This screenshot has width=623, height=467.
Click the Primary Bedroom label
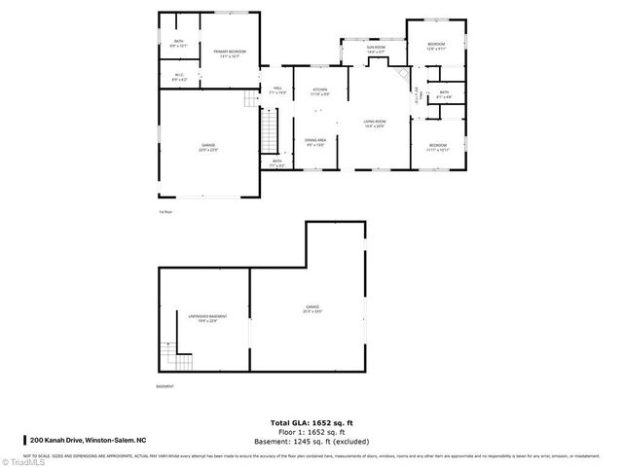coord(230,54)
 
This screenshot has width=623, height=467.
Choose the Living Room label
coord(375,124)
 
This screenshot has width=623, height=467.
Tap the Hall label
coord(277,90)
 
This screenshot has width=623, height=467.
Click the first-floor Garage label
coord(208,146)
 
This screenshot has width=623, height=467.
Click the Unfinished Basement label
coord(202,318)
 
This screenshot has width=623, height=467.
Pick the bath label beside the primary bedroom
coord(179,43)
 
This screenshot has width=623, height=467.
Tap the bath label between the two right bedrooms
coord(444,94)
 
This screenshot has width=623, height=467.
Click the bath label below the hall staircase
coord(277,162)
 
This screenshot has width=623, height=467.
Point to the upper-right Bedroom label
coord(436,46)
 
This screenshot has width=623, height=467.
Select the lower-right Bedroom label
coord(436,147)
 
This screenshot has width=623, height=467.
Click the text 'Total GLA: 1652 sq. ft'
coord(311,421)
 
